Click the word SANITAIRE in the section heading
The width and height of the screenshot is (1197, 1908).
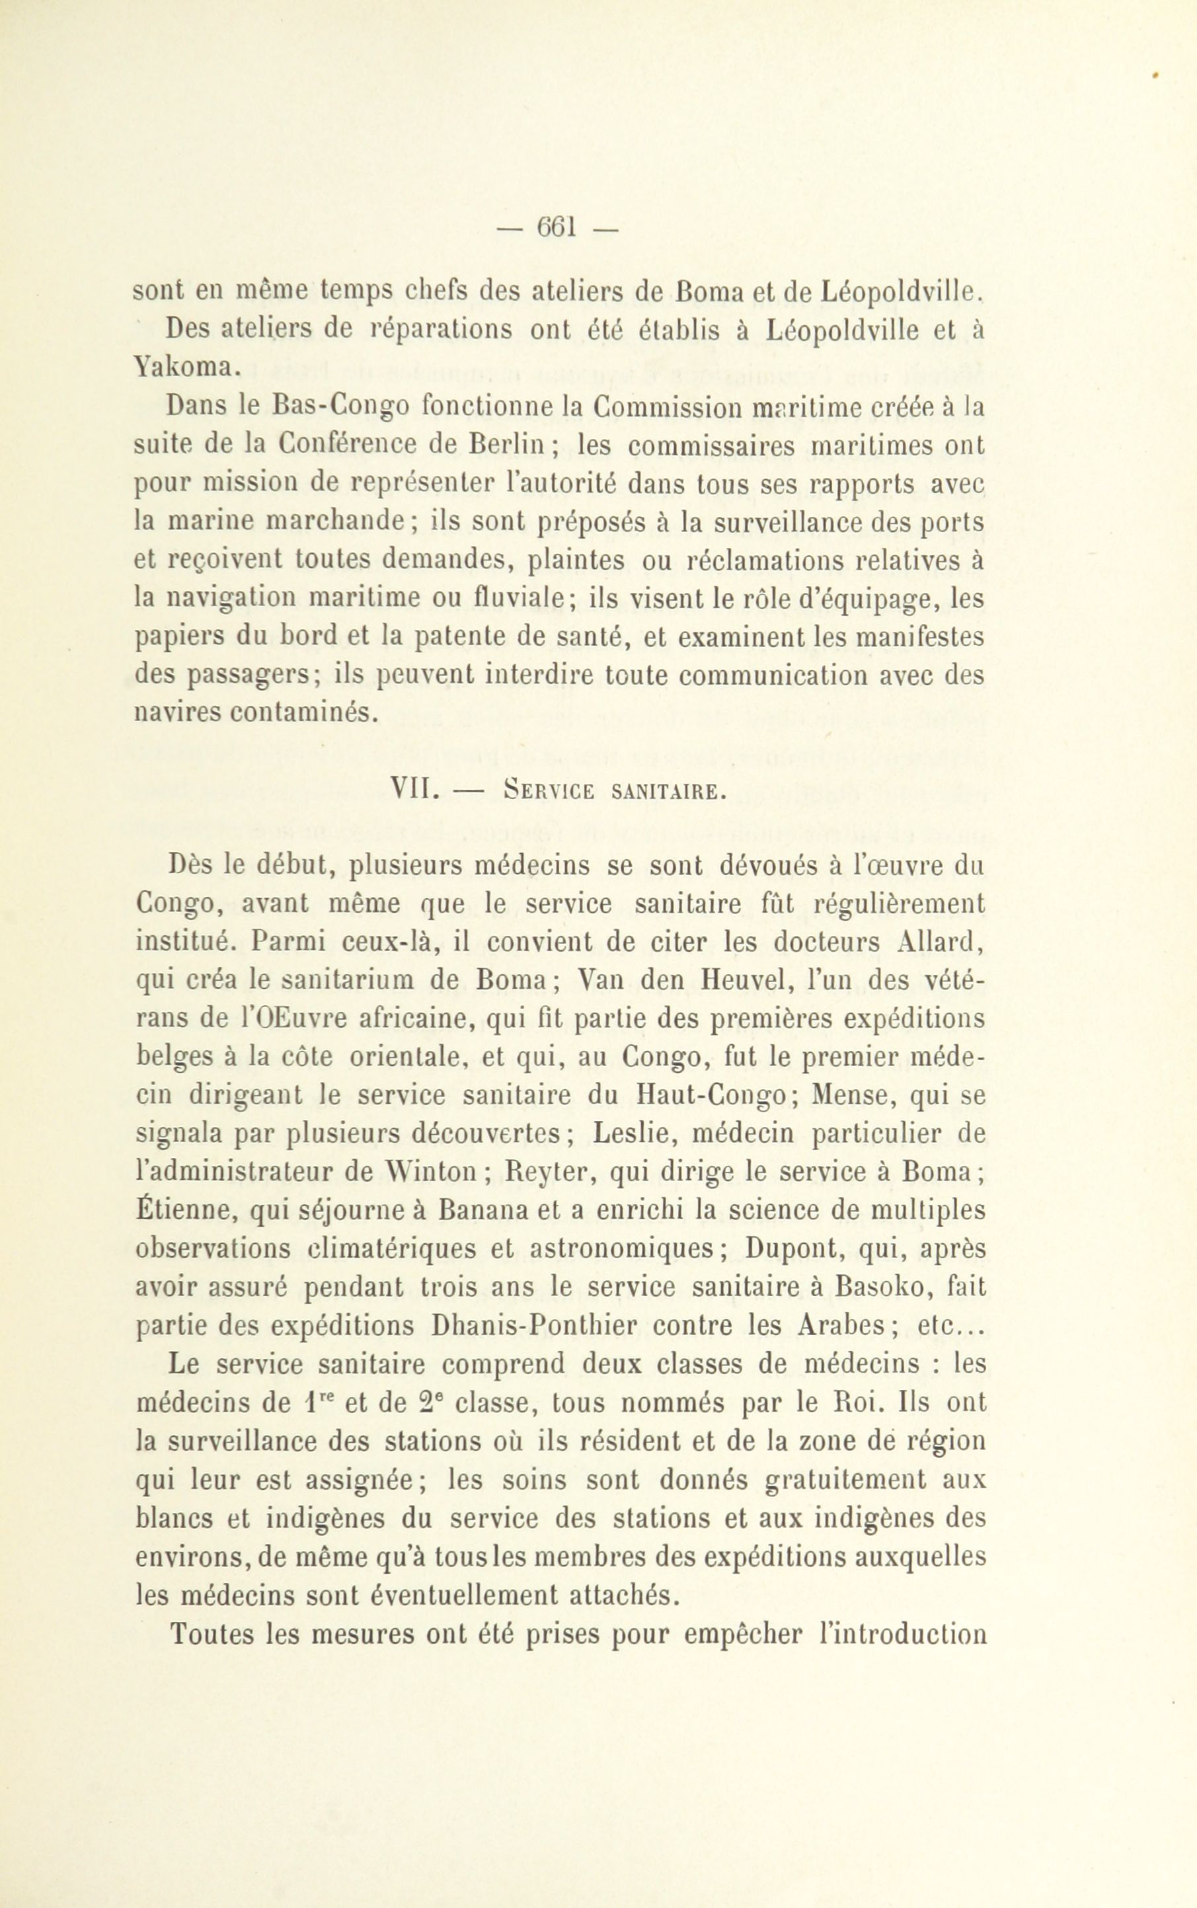(x=668, y=792)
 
